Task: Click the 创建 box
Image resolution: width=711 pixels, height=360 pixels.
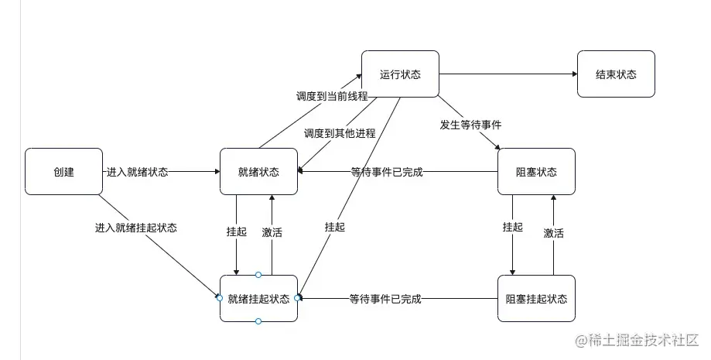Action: (63, 172)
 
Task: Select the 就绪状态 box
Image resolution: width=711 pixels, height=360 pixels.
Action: (258, 172)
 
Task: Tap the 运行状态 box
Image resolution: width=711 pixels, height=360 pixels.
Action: (400, 74)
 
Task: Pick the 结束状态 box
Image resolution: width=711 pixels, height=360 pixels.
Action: (616, 74)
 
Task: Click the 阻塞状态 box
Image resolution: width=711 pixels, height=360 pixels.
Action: (536, 172)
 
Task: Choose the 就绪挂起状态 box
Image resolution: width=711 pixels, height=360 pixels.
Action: (258, 298)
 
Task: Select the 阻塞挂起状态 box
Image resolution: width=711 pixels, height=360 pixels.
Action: (536, 298)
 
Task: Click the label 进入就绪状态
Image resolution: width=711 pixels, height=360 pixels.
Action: (136, 172)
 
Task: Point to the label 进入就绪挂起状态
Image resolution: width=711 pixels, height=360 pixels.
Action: (135, 228)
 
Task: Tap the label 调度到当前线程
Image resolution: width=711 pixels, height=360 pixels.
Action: (331, 97)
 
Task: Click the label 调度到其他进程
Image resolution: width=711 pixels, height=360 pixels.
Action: (339, 133)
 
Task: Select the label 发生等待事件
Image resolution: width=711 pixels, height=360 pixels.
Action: (470, 124)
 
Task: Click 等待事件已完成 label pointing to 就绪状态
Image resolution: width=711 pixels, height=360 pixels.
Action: (386, 172)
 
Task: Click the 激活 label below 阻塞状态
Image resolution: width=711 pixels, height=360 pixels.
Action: (553, 232)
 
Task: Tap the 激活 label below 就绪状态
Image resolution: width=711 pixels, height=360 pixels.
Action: (272, 232)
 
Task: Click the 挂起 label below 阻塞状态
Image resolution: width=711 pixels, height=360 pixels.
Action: (512, 227)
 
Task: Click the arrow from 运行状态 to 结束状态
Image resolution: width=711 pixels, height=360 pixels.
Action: (508, 74)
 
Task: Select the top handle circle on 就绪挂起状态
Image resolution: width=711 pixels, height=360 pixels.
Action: (258, 275)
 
